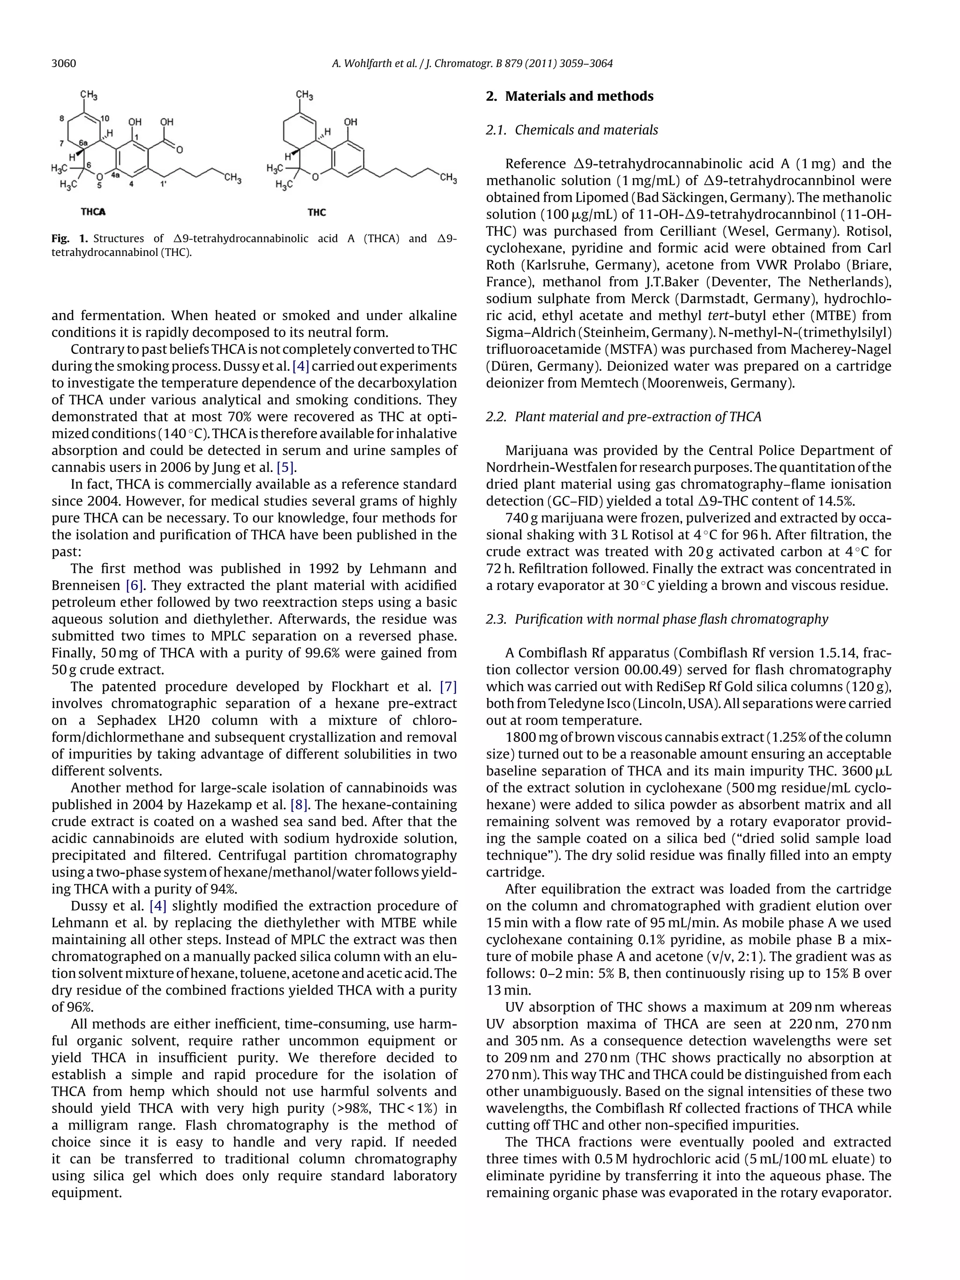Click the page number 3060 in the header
(64, 64)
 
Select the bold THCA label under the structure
(93, 212)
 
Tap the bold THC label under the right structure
(316, 212)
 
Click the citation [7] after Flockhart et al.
(448, 687)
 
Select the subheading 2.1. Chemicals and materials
(572, 130)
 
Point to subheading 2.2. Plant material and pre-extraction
(623, 417)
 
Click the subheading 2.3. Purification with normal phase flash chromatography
(657, 619)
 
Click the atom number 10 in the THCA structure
(105, 119)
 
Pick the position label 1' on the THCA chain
(164, 184)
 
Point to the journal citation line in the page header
(472, 64)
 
